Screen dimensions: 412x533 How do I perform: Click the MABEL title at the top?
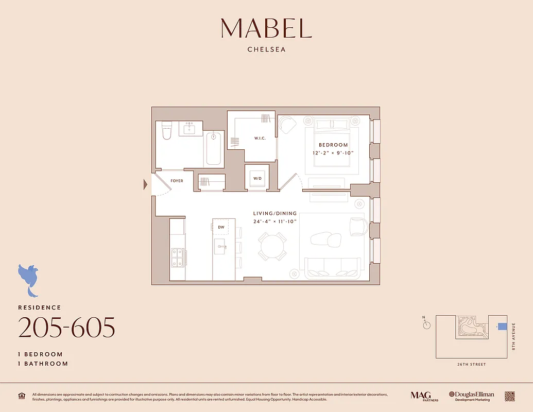(266, 28)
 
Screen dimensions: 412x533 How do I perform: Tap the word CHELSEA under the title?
(266, 50)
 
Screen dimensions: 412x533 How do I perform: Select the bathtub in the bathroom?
(214, 148)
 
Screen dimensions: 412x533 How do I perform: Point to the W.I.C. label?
(260, 138)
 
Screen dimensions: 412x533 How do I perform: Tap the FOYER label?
(177, 181)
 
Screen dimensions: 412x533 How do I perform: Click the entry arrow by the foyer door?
(146, 184)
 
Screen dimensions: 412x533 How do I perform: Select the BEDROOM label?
(333, 145)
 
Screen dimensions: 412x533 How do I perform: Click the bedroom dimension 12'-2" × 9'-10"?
(333, 153)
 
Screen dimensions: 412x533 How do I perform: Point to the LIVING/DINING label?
(275, 213)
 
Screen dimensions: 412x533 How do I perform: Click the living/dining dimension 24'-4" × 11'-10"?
(275, 221)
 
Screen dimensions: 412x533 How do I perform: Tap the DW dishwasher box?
(221, 227)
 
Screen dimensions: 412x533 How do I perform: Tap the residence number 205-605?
(66, 328)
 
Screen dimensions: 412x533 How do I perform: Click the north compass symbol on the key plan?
(426, 324)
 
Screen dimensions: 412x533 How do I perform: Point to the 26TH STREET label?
(471, 365)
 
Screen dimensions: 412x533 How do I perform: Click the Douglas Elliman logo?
(471, 396)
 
